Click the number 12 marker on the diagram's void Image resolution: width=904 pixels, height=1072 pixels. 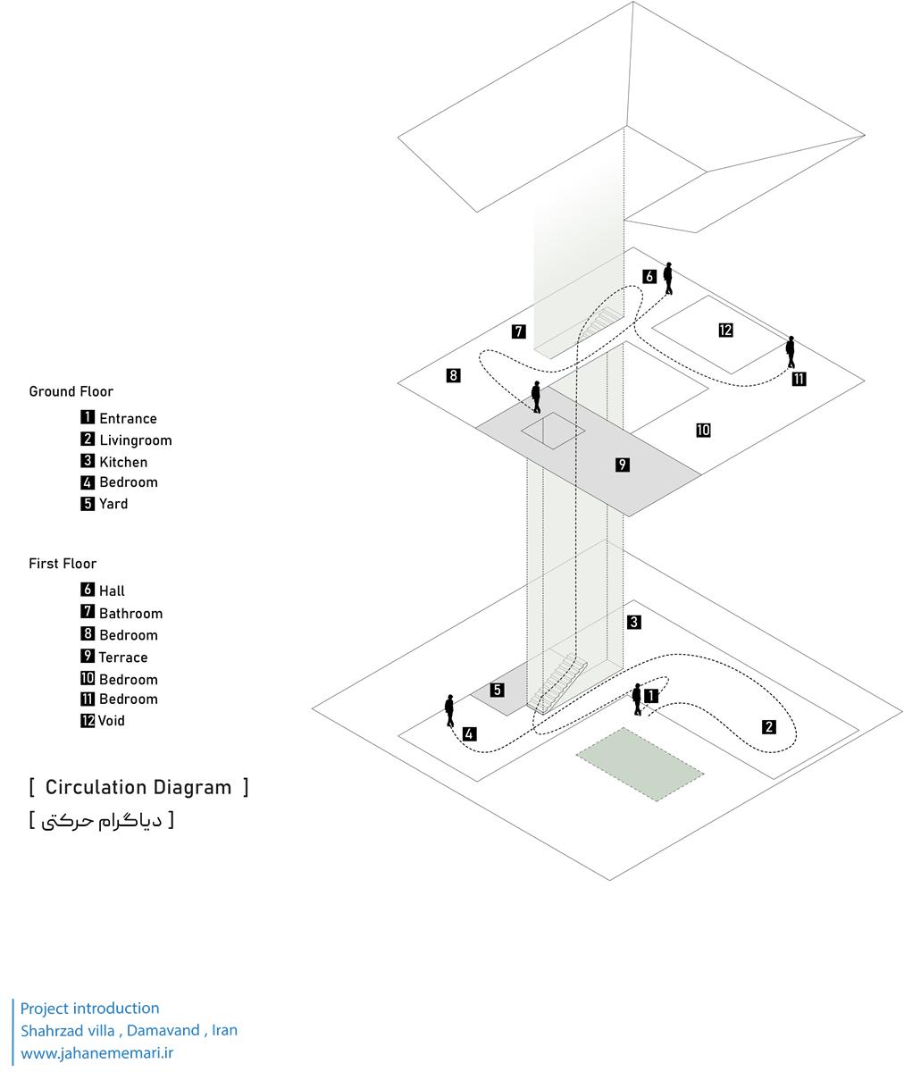pos(725,331)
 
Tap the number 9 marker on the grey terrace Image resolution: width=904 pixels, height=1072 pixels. pos(623,465)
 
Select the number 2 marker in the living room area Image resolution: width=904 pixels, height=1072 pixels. pos(769,727)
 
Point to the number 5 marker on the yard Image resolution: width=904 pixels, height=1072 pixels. pos(498,690)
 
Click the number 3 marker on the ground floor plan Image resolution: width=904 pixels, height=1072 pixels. pos(633,622)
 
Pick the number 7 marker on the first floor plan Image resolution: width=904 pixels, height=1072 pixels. pos(518,331)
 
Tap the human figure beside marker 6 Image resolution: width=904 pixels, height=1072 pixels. pos(668,278)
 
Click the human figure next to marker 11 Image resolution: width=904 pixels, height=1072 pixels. pos(791,352)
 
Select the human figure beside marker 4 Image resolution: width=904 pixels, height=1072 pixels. pos(449,711)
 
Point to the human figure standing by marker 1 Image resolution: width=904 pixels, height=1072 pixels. pos(637,699)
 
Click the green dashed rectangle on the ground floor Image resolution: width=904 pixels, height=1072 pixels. pos(639,764)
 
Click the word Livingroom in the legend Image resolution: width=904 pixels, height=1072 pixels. pos(135,440)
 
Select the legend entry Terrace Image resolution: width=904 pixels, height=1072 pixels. pos(123,657)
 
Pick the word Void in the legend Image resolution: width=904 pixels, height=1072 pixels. pos(112,721)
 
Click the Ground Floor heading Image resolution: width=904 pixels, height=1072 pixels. pos(71,391)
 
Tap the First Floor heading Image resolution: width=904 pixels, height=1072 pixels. pos(63,564)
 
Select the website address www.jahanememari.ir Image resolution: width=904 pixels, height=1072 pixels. pos(96,1053)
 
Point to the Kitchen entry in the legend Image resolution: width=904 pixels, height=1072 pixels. pos(123,462)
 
